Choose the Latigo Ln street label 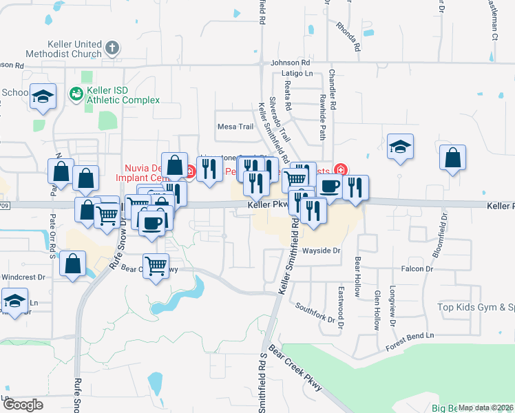(x=299, y=73)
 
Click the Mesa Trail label (x=235, y=127)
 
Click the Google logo (x=23, y=404)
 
